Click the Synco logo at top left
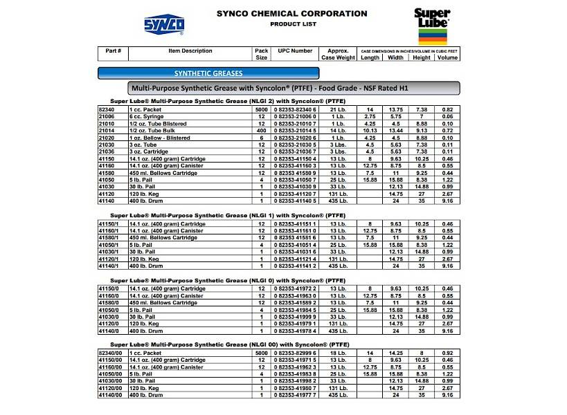coord(164,24)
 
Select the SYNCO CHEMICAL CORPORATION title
coord(291,13)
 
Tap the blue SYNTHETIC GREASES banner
coord(208,73)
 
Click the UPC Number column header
coord(295,51)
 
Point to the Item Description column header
coord(190,51)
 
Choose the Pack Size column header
coord(261,54)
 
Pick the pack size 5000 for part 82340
coord(261,110)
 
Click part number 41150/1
coord(111,224)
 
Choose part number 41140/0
coord(111,331)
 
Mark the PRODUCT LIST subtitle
coord(292,24)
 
